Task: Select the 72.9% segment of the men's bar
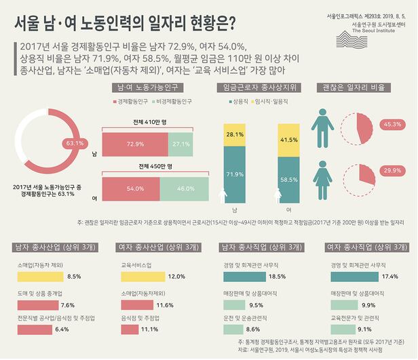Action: tap(134, 144)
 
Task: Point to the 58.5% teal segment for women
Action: tap(288, 180)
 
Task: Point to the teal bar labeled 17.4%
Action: tap(354, 276)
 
